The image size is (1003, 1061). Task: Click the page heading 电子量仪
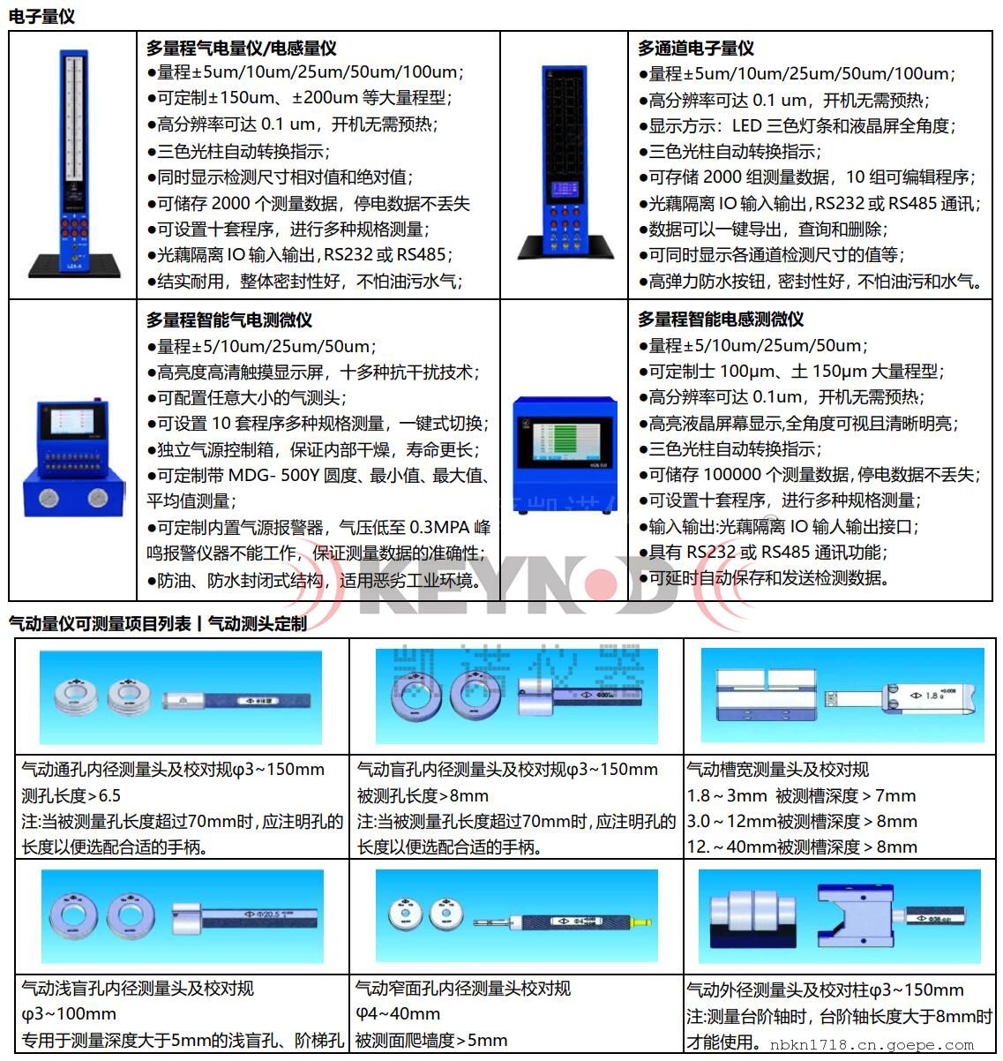pos(41,16)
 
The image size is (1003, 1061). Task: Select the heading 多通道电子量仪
pos(695,48)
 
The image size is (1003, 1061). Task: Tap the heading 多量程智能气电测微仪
pos(228,320)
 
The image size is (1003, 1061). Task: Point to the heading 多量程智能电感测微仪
pos(721,319)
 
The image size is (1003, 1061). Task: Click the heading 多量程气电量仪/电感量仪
pos(241,48)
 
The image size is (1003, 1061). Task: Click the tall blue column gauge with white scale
pos(74,163)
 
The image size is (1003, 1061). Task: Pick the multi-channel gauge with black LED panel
pos(565,163)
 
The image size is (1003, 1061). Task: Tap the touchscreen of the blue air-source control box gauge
pos(71,420)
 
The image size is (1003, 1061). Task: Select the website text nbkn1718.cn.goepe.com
pos(872,1045)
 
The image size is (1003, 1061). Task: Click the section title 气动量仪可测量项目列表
pos(100,623)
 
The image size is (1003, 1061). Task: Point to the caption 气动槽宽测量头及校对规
pos(777,769)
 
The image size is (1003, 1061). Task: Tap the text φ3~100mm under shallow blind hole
pos(69,1013)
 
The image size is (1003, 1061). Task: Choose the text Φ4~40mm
pos(398,1013)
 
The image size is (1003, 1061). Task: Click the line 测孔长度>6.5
pos(71,795)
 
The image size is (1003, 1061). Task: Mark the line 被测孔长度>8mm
pos(423,795)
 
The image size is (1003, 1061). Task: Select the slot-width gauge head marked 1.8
pos(901,696)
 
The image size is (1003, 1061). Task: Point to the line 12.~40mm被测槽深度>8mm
pos(802,847)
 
